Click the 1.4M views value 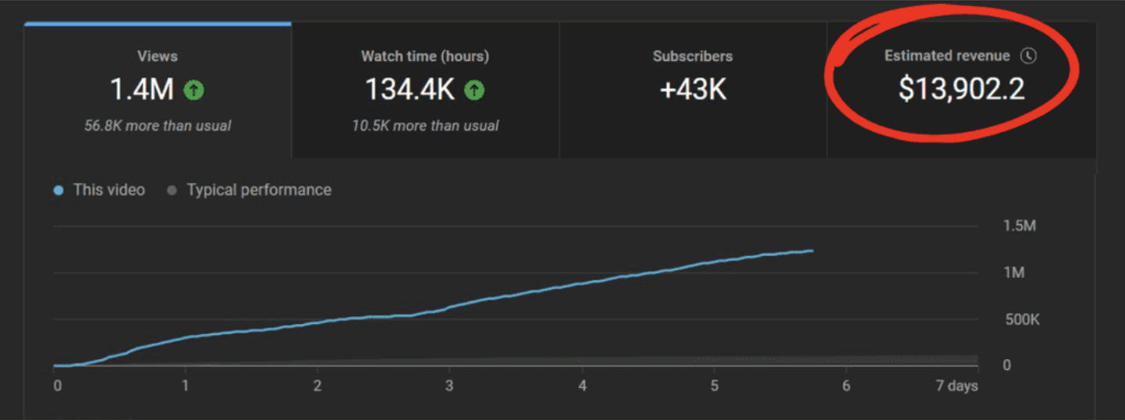[142, 90]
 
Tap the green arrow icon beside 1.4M [193, 91]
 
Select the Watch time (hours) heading [425, 56]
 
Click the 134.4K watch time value [410, 90]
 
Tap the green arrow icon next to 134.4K [474, 91]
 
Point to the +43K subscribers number [693, 90]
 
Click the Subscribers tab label [693, 56]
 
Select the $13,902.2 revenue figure [961, 90]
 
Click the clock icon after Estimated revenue [1030, 56]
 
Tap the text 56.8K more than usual [158, 125]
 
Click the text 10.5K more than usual [425, 125]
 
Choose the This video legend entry [108, 190]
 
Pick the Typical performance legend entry [258, 190]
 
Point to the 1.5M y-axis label [1019, 226]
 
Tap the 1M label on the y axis [1014, 273]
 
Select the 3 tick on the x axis [449, 386]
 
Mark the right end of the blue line [812, 251]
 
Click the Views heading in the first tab [158, 56]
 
